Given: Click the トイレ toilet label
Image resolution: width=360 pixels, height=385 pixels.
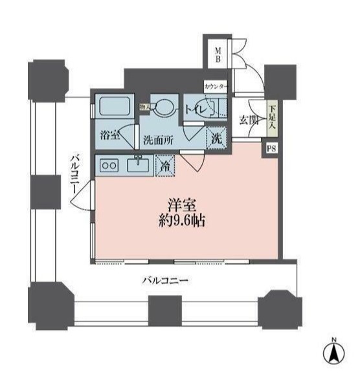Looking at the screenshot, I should pos(196,110).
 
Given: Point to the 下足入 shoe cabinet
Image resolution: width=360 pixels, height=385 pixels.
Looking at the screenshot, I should pos(273,118).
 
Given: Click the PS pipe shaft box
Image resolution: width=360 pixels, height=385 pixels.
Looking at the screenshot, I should pos(270,148).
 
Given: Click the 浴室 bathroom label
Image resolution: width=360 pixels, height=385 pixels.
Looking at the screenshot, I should pos(109,136).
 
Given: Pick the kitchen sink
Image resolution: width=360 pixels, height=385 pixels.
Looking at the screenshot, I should pos(138,165).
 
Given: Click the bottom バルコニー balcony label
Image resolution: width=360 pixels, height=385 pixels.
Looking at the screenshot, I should pos(165,281).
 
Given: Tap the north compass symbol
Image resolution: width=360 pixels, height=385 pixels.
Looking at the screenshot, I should pos(334,353).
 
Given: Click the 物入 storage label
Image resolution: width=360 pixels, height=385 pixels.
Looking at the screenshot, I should pos(145,107).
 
